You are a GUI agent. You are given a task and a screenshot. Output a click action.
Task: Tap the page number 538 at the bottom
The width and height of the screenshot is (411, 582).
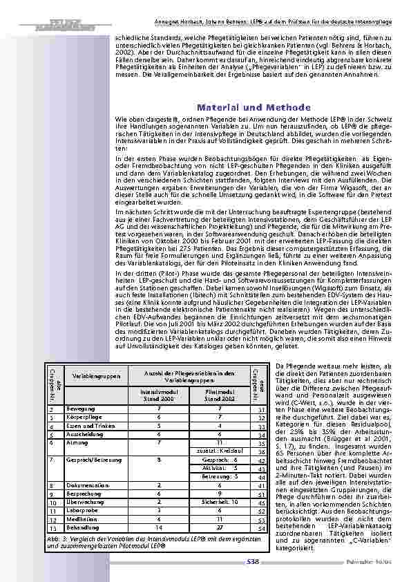pos(253,562)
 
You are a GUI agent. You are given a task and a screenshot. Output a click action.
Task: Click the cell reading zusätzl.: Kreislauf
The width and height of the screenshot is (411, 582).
pos(218,450)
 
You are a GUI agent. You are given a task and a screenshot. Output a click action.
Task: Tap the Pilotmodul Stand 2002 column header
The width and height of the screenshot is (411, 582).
pos(218,395)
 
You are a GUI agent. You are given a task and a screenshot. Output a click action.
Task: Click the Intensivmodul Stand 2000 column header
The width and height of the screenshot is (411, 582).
pos(160,395)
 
